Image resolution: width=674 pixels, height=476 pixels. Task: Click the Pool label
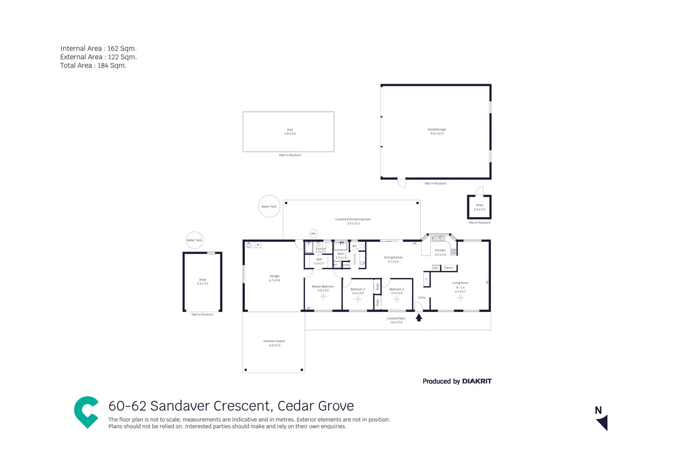click(x=290, y=130)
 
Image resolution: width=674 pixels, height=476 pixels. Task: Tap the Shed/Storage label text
click(x=436, y=130)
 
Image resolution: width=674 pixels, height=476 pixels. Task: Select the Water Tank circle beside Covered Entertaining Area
click(x=269, y=206)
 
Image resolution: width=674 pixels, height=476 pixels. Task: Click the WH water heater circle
click(x=313, y=234)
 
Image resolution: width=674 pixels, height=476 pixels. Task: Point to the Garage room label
click(x=274, y=276)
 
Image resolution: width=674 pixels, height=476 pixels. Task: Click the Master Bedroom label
click(x=323, y=286)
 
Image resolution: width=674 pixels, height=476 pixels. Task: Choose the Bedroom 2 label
click(x=357, y=290)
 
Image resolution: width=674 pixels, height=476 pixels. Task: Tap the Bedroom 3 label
click(x=396, y=290)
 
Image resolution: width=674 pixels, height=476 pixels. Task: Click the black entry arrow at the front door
click(x=419, y=317)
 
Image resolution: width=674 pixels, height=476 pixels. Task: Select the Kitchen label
click(x=440, y=250)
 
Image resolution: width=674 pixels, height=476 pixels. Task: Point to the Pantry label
click(x=448, y=268)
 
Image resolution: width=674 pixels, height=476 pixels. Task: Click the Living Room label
click(x=460, y=283)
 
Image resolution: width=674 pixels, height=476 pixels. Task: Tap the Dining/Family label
click(x=393, y=257)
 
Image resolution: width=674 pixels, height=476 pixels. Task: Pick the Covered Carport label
click(x=274, y=341)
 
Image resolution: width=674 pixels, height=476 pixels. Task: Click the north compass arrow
click(x=602, y=422)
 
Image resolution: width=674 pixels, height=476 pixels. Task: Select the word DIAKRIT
click(x=477, y=381)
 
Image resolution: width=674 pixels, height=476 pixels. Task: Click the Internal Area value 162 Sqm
click(x=122, y=48)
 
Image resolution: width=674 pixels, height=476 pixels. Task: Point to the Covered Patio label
click(x=396, y=318)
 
